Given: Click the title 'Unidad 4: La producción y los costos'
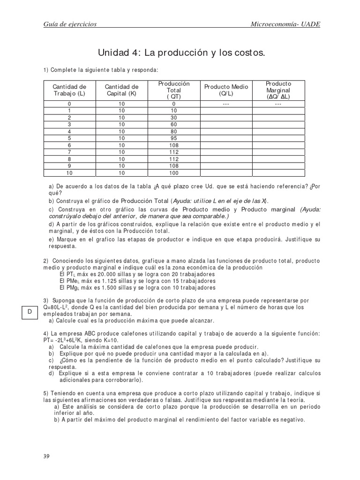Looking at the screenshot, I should tap(181, 52).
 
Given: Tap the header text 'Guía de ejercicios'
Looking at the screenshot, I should tap(70, 24).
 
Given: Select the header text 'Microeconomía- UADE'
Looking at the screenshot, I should tap(285, 24).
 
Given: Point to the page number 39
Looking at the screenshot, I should tap(46, 456).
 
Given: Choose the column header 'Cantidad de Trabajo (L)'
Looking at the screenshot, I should tap(69, 90).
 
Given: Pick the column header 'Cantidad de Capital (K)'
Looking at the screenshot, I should tap(121, 90).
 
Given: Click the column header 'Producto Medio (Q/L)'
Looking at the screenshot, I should tap(226, 90).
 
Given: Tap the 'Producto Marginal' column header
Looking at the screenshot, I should tap(278, 90).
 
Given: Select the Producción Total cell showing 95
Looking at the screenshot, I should tap(173, 138).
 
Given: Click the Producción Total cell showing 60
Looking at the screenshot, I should tap(173, 124).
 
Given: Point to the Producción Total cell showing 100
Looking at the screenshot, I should tap(173, 173).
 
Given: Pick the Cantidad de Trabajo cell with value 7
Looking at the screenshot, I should tap(69, 152).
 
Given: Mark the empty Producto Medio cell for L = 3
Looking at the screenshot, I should tap(226, 124).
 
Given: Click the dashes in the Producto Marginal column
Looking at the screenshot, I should tap(278, 104).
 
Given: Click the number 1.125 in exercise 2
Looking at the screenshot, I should tap(105, 280).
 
